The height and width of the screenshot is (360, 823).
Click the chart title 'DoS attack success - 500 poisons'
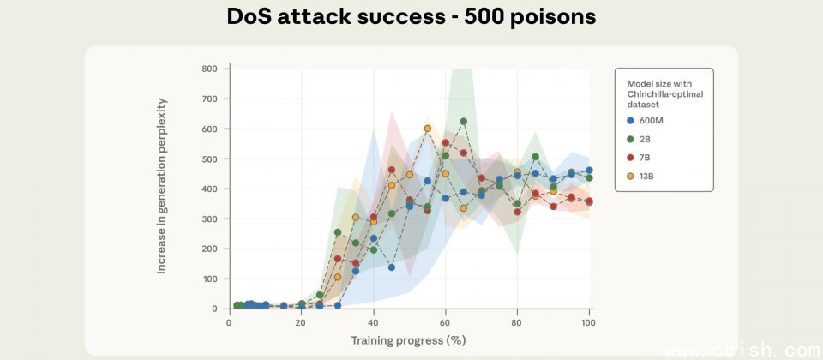(411, 17)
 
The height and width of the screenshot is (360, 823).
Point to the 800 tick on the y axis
(210, 69)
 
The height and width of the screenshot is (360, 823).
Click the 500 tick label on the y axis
(210, 159)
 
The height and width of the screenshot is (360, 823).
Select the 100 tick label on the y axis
(210, 279)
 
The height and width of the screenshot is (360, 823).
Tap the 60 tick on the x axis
(445, 323)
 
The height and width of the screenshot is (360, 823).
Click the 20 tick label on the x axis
(301, 323)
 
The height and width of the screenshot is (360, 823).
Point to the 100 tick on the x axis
(588, 323)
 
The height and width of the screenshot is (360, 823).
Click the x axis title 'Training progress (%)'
(409, 340)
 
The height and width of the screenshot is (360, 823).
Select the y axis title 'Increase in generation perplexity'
(161, 186)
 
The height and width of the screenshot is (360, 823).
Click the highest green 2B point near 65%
(463, 122)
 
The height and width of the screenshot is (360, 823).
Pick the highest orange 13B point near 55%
(427, 129)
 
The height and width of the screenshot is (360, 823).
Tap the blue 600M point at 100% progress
(589, 171)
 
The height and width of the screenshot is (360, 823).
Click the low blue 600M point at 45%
(391, 267)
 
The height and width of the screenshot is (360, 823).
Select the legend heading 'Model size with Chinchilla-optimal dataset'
(664, 89)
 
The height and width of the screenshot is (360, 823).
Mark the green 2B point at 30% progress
(338, 232)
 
